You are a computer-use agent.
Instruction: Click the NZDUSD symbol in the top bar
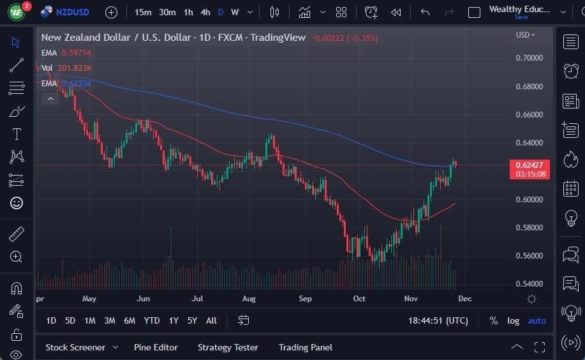click(x=71, y=12)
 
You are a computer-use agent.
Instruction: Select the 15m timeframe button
click(x=144, y=12)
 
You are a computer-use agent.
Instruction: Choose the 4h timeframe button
click(x=205, y=12)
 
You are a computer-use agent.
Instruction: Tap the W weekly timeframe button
click(x=235, y=12)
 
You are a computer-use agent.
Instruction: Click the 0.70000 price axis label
click(x=529, y=58)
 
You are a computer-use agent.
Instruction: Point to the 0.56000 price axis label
click(x=529, y=256)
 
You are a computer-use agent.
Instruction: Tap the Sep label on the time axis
click(x=305, y=299)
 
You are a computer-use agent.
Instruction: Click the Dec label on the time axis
click(x=464, y=299)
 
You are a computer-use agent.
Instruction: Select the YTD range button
click(x=152, y=320)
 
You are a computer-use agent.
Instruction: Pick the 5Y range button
click(x=192, y=320)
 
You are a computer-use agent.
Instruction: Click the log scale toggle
click(x=513, y=320)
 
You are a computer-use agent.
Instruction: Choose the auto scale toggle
click(x=537, y=320)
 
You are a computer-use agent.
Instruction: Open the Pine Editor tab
click(x=156, y=347)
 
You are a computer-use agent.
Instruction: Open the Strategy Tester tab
click(x=228, y=347)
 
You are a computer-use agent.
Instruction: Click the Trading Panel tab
click(x=305, y=347)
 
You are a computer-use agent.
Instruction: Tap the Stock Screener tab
click(x=75, y=347)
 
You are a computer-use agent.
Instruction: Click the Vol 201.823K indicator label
click(x=67, y=68)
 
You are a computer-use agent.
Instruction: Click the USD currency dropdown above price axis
click(x=525, y=35)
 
